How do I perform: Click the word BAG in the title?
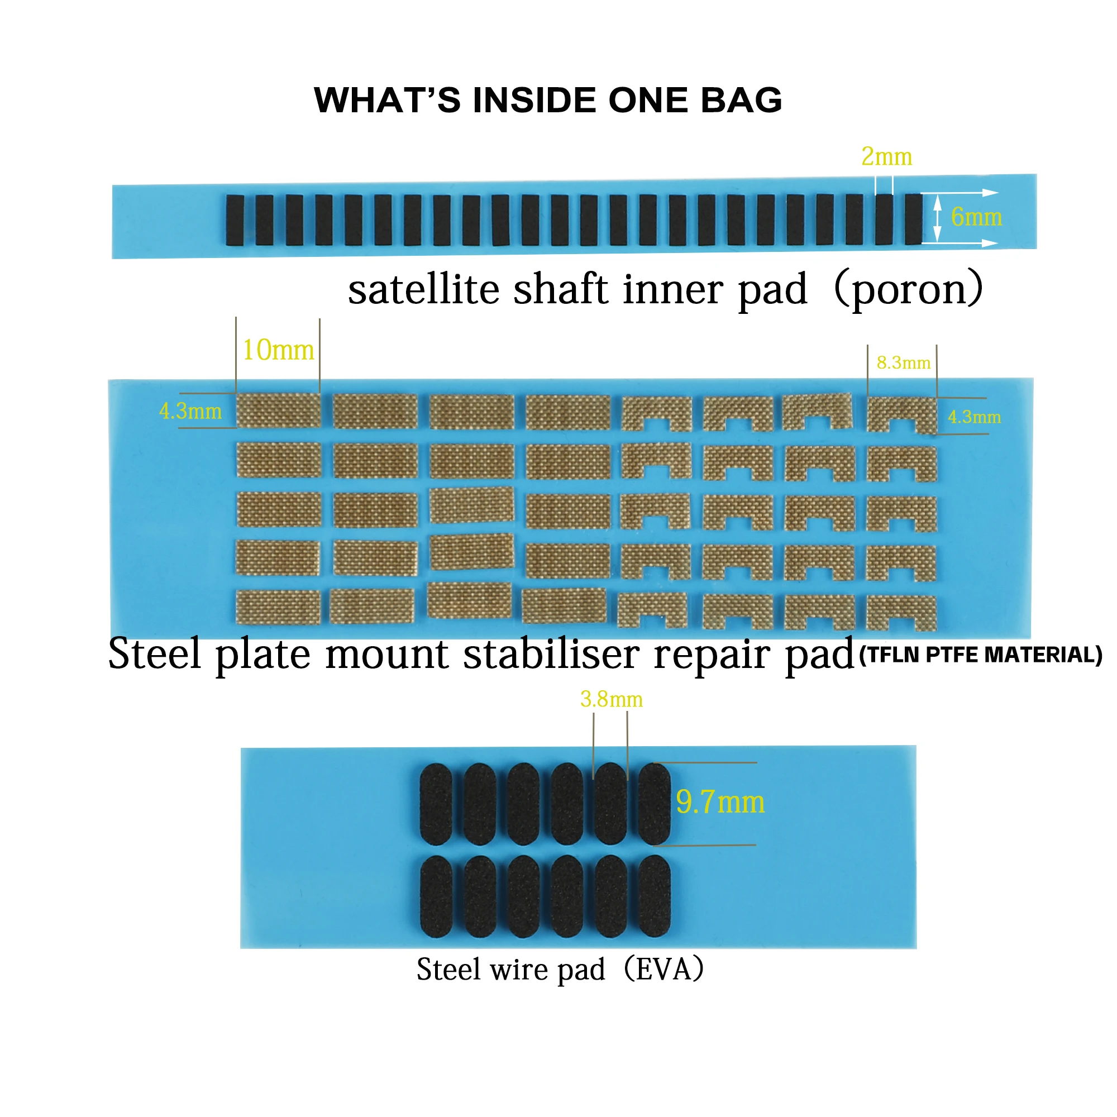pyautogui.click(x=742, y=100)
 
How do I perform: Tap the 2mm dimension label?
pyautogui.click(x=886, y=157)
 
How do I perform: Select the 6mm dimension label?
pyautogui.click(x=976, y=217)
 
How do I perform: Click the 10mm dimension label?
pyautogui.click(x=278, y=350)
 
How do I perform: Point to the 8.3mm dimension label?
pyautogui.click(x=903, y=362)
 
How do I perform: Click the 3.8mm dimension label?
pyautogui.click(x=611, y=700)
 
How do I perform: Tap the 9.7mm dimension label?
pyautogui.click(x=720, y=802)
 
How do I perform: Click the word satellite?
pyautogui.click(x=424, y=289)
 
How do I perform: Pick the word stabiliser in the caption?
pyautogui.click(x=551, y=654)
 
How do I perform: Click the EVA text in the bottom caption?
pyautogui.click(x=663, y=969)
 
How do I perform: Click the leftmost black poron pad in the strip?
pyautogui.click(x=235, y=220)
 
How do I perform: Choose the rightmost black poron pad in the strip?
pyautogui.click(x=914, y=219)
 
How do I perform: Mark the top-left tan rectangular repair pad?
pyautogui.click(x=278, y=410)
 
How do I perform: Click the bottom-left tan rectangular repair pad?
pyautogui.click(x=278, y=607)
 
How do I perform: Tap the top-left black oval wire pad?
pyautogui.click(x=436, y=804)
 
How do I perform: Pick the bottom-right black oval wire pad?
pyautogui.click(x=655, y=897)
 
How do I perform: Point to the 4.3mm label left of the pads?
pyautogui.click(x=190, y=411)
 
